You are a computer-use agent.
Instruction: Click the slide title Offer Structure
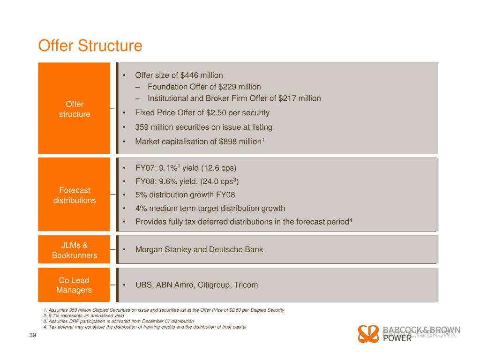point(90,46)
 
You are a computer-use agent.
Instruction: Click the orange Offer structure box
point(74,108)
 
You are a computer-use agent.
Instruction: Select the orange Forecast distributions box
point(74,195)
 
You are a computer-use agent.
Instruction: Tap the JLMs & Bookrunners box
point(74,250)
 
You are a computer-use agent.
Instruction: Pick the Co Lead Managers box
point(74,285)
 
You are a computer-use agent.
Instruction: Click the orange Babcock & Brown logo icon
point(368,333)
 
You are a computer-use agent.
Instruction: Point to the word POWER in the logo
point(397,338)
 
